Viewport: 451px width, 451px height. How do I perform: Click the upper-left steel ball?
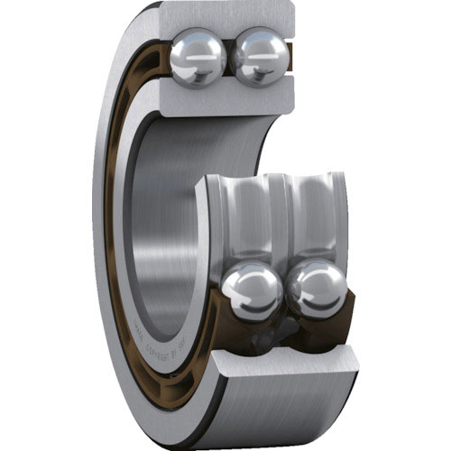click(x=198, y=58)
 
